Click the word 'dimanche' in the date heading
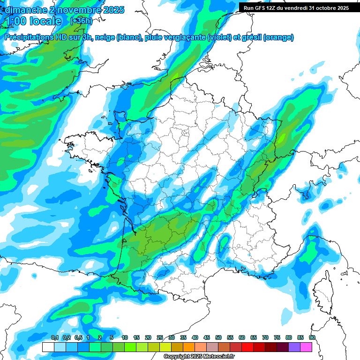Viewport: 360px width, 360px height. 23,9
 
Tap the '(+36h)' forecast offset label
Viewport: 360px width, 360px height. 81,21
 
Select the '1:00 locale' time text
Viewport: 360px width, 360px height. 33,21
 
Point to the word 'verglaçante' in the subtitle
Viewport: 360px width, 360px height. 179,37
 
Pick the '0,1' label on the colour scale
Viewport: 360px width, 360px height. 54,337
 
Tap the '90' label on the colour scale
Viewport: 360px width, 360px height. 312,337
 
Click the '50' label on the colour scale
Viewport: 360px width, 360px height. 218,337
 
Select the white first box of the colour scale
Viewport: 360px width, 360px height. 48,347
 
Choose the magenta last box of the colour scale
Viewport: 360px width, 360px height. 306,347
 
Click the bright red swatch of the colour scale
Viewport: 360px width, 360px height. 247,347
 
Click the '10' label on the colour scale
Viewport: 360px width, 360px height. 125,337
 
